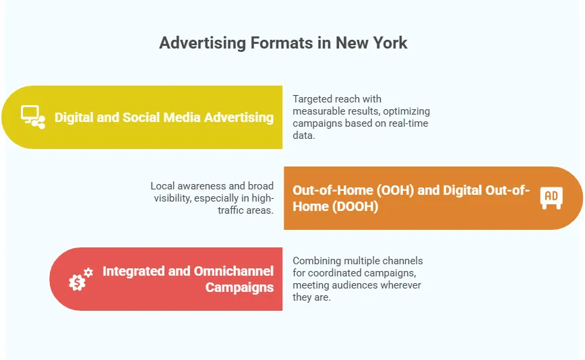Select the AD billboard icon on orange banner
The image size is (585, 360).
(x=551, y=198)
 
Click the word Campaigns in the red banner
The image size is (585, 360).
(x=239, y=287)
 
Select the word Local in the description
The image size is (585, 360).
(x=162, y=185)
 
